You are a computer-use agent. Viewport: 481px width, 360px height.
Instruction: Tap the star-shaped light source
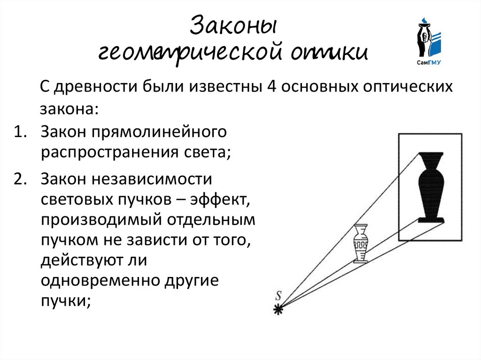click(279, 309)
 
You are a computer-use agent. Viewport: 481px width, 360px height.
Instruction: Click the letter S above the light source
click(278, 296)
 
